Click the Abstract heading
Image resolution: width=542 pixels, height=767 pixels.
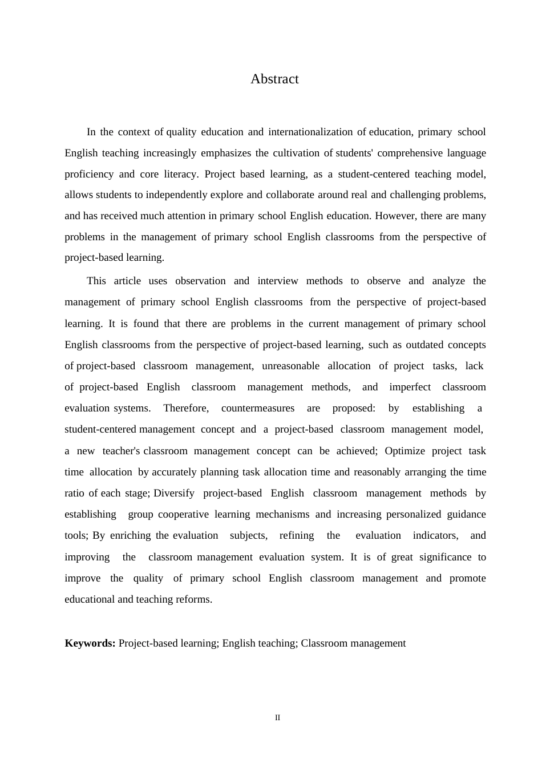274,79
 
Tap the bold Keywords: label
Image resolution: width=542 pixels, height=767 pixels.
90,643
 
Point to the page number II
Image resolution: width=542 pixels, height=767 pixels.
278,718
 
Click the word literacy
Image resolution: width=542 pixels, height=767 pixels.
181,174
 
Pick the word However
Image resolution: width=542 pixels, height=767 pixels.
395,216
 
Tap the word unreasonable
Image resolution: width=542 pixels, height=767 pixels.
290,366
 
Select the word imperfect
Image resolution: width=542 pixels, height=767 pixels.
410,387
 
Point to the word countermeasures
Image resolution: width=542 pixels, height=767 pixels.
258,408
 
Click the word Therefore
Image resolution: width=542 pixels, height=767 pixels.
185,408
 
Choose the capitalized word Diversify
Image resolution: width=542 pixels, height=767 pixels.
173,493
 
